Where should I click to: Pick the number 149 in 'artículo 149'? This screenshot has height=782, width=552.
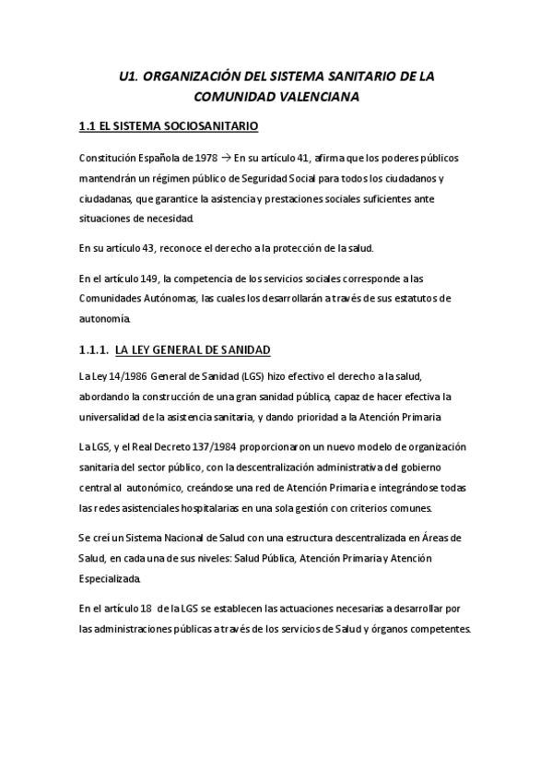point(147,278)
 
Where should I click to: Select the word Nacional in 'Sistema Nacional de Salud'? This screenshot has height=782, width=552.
point(187,538)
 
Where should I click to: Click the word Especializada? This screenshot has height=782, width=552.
point(110,579)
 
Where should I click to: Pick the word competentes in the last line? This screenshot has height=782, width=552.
point(439,630)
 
